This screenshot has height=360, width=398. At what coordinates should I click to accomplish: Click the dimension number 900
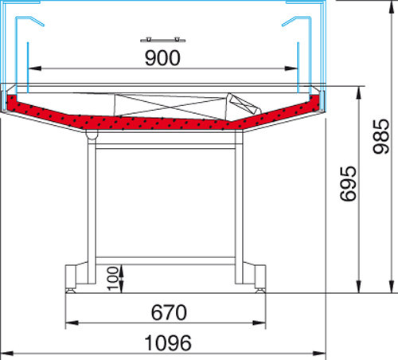pos(162,58)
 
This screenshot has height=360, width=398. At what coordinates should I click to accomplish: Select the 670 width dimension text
pos(169,312)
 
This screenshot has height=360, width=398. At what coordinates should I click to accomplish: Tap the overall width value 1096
pos(168,343)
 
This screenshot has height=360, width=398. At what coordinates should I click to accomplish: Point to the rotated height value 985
pos(381,136)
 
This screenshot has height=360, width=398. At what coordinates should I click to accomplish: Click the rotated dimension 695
pos(348,183)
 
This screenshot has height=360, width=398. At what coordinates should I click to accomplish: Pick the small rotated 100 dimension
pos(113,279)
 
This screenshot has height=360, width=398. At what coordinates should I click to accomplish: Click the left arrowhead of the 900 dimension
pos(35,68)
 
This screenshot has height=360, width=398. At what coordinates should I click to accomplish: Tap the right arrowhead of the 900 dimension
pos(291,68)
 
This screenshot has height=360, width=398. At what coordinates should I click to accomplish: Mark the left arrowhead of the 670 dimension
pos(72,323)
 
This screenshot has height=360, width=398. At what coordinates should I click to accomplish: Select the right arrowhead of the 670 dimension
pos(259,323)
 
